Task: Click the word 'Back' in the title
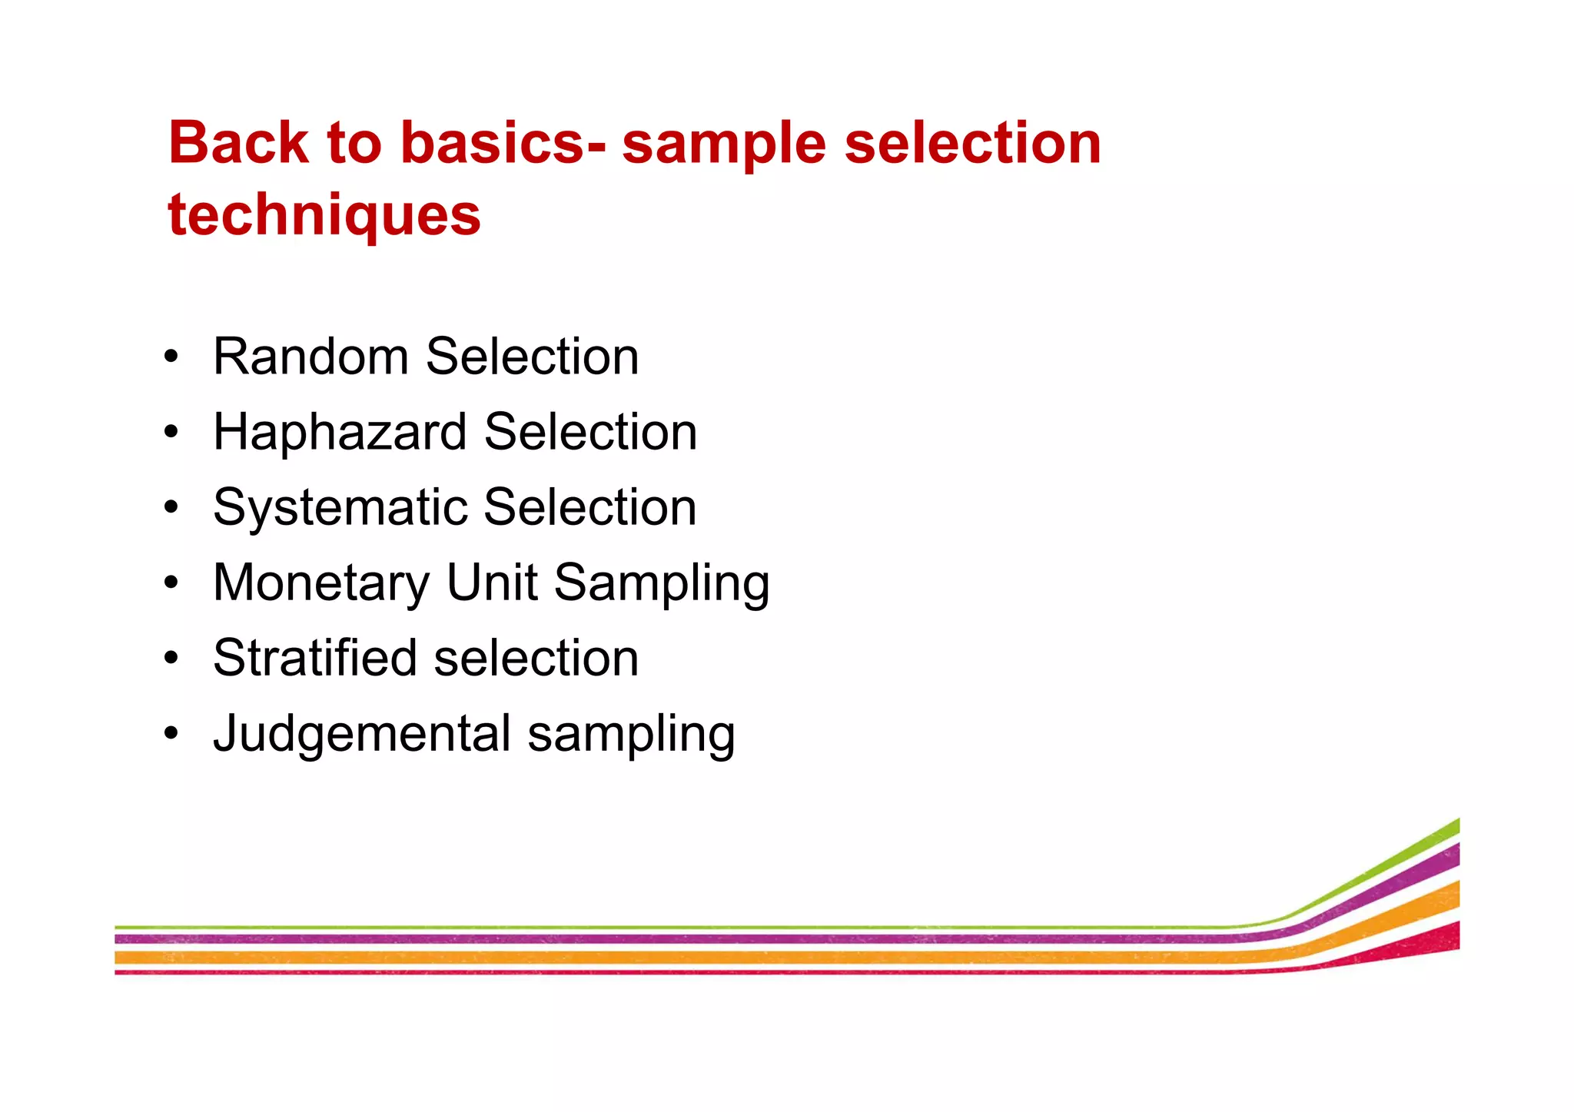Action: point(238,143)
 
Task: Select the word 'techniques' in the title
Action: point(324,215)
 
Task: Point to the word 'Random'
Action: point(310,357)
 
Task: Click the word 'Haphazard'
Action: point(340,432)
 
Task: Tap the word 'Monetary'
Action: point(321,583)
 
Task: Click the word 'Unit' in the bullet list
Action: point(492,582)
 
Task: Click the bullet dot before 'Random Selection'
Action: point(171,357)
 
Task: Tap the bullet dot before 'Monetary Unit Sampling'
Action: point(171,583)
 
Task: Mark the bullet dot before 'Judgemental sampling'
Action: point(171,733)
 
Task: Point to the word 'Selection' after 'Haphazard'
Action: point(590,432)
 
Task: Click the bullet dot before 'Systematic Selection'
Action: point(171,507)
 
